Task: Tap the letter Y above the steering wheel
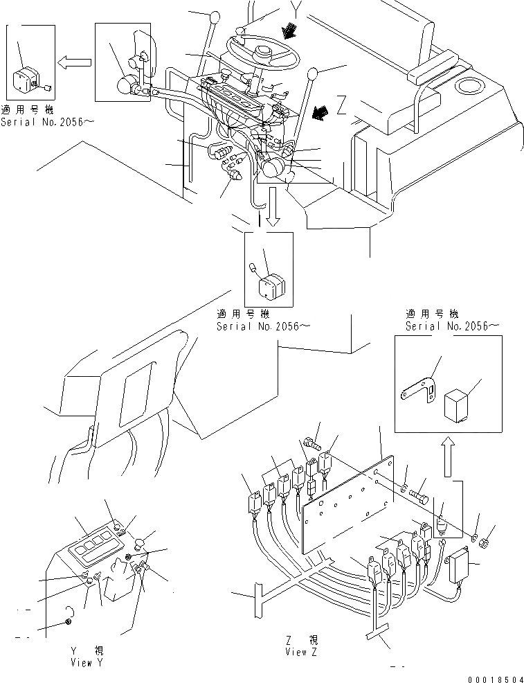coord(278,10)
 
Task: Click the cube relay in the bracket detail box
coord(458,401)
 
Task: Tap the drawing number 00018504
coord(492,676)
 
